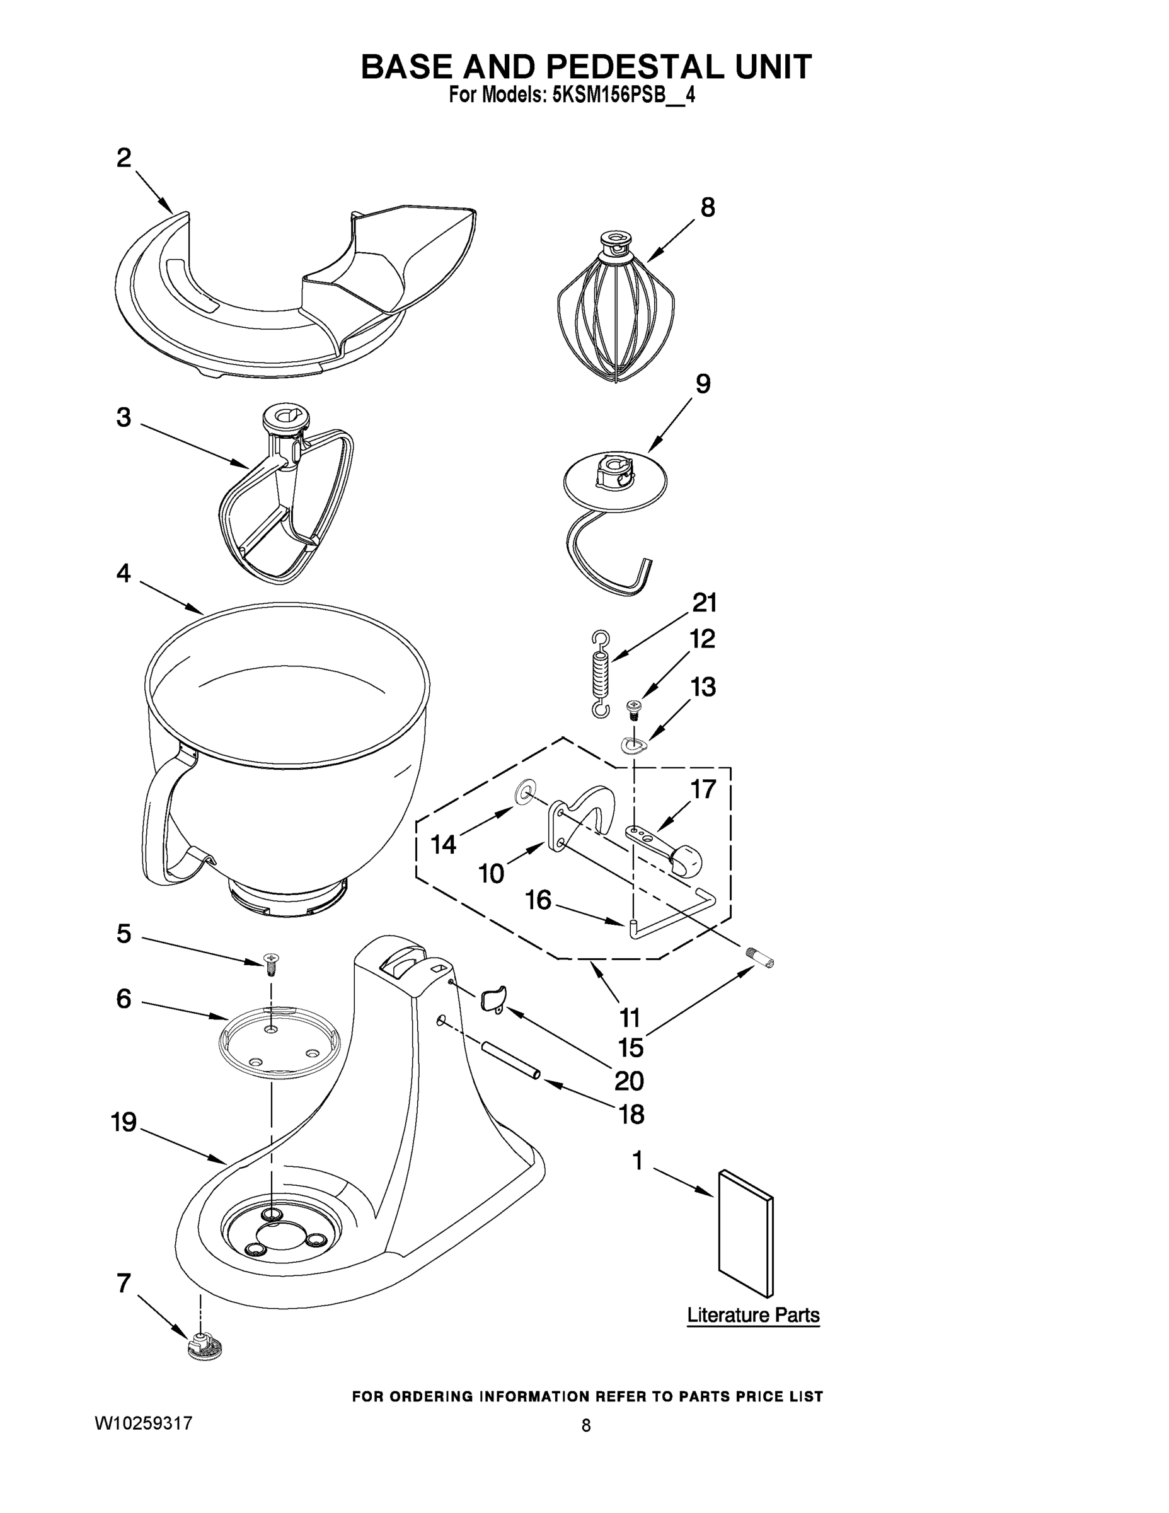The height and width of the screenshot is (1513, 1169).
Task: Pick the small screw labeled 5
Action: pos(271,961)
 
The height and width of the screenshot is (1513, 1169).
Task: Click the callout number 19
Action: pos(124,1122)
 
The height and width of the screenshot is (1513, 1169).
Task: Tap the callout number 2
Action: pos(124,159)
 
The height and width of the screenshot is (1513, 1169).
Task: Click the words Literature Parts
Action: pos(753,1315)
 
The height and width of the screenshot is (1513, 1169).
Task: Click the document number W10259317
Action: pos(143,1424)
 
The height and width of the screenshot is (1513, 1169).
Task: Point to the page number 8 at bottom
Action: pos(586,1426)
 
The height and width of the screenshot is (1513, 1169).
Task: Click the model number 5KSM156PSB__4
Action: pos(623,96)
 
